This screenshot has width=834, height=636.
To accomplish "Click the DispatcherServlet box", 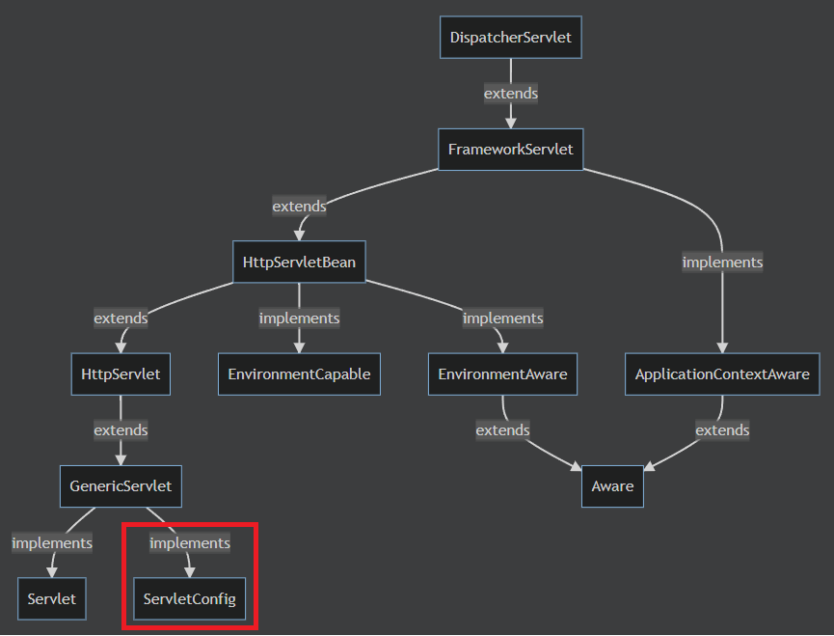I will (510, 38).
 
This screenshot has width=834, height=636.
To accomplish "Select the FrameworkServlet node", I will (510, 150).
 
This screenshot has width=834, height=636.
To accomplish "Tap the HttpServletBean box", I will (299, 262).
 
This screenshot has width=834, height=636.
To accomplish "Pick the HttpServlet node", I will (121, 373).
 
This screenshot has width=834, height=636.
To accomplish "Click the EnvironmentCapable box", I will (299, 373).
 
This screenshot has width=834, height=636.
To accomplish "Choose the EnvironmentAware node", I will (502, 373).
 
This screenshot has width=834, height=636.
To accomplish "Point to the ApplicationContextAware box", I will (722, 373).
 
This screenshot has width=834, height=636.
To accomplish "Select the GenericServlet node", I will (121, 485).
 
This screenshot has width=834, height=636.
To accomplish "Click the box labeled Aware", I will (612, 485).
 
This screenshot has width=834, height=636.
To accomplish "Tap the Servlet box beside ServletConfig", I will (52, 599).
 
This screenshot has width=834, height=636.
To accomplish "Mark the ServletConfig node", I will (189, 599).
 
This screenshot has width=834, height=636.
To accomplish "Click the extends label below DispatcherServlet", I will (510, 94).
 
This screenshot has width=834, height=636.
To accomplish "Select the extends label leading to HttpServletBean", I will (299, 206).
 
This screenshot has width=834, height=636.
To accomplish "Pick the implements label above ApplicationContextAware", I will (722, 262).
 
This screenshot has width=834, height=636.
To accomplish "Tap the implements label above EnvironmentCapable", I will (299, 318).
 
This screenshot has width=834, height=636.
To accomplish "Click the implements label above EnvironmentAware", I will (502, 318).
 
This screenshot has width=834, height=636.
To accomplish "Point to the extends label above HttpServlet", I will (121, 318).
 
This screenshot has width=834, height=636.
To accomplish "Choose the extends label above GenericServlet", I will (121, 429).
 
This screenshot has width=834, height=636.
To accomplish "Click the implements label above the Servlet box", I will (52, 542).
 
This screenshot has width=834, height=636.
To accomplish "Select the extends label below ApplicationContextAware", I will (722, 429).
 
